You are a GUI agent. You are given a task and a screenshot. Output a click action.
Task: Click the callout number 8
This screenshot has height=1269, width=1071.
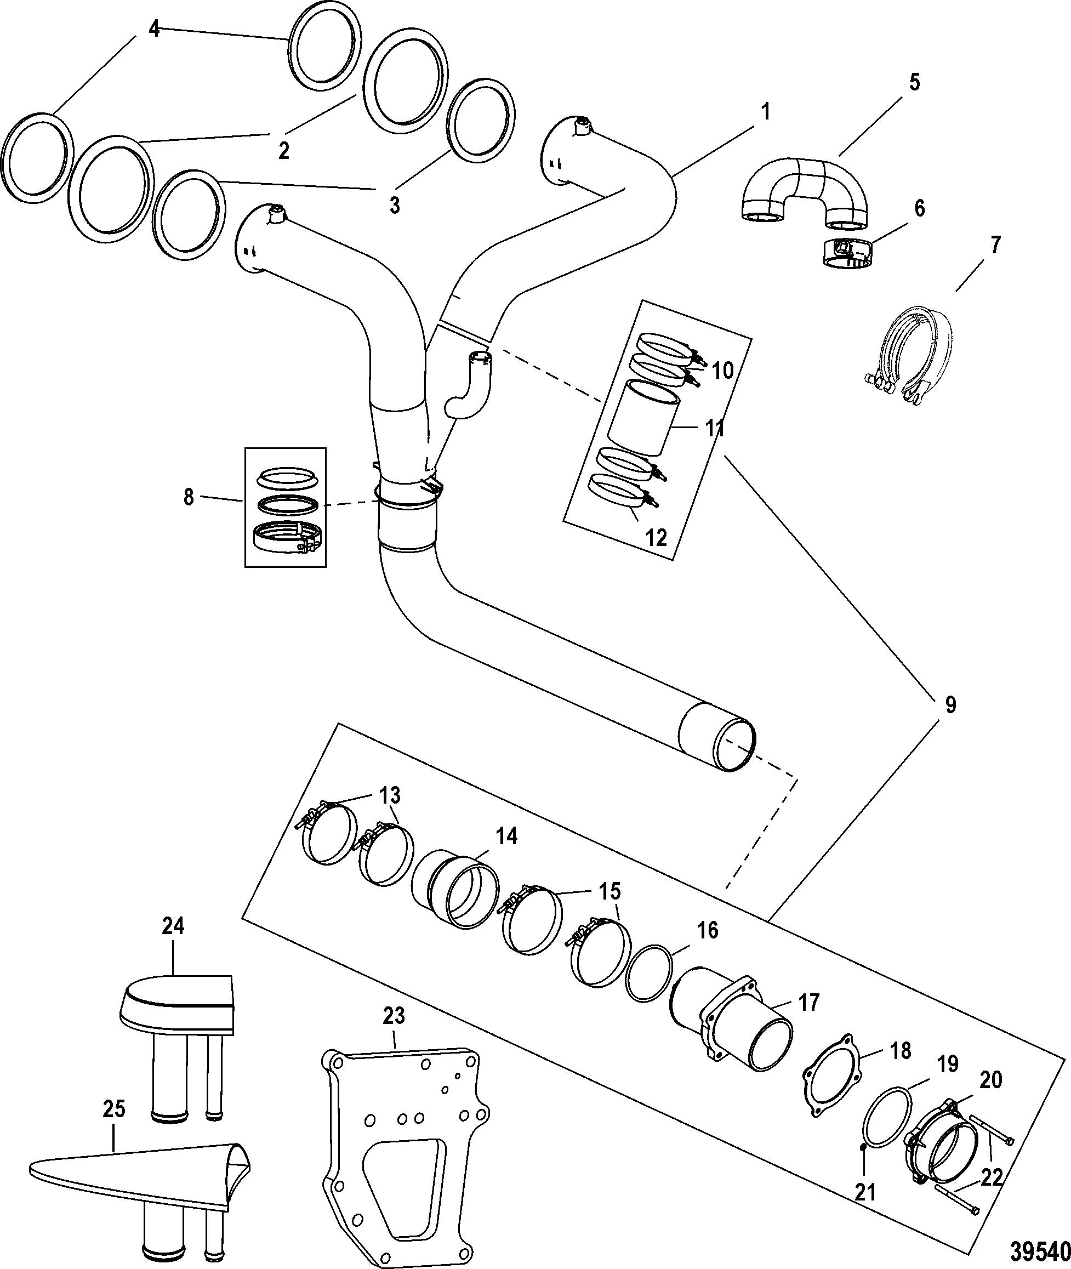pos(189,497)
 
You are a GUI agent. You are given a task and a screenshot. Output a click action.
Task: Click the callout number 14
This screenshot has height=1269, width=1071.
pos(506,836)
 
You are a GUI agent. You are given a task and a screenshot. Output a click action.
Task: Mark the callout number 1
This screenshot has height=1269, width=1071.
pos(766,112)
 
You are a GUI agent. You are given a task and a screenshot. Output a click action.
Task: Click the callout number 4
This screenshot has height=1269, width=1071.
pos(155,29)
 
